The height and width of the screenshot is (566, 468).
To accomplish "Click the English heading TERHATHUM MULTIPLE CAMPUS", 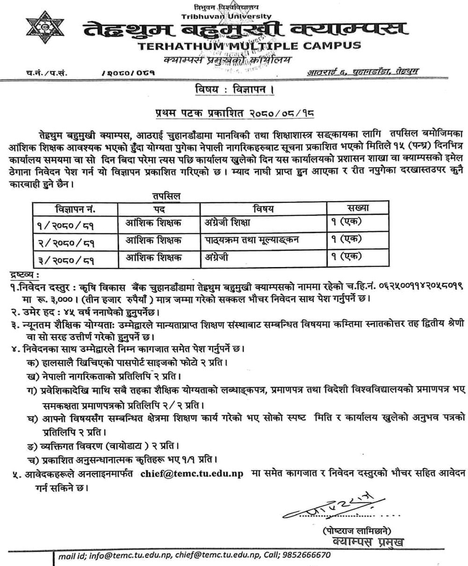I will pyautogui.click(x=249, y=46).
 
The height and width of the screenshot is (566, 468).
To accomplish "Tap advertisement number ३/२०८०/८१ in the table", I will pyautogui.click(x=66, y=258).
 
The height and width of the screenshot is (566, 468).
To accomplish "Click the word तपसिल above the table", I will pyautogui.click(x=166, y=197).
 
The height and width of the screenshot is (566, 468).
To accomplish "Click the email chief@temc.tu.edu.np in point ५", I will pyautogui.click(x=192, y=474).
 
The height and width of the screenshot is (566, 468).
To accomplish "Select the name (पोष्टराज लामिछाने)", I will pyautogui.click(x=357, y=531).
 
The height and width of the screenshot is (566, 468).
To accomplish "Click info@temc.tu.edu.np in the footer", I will pyautogui.click(x=130, y=556).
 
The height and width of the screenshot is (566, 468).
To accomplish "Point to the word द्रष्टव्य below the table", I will pyautogui.click(x=24, y=275).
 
